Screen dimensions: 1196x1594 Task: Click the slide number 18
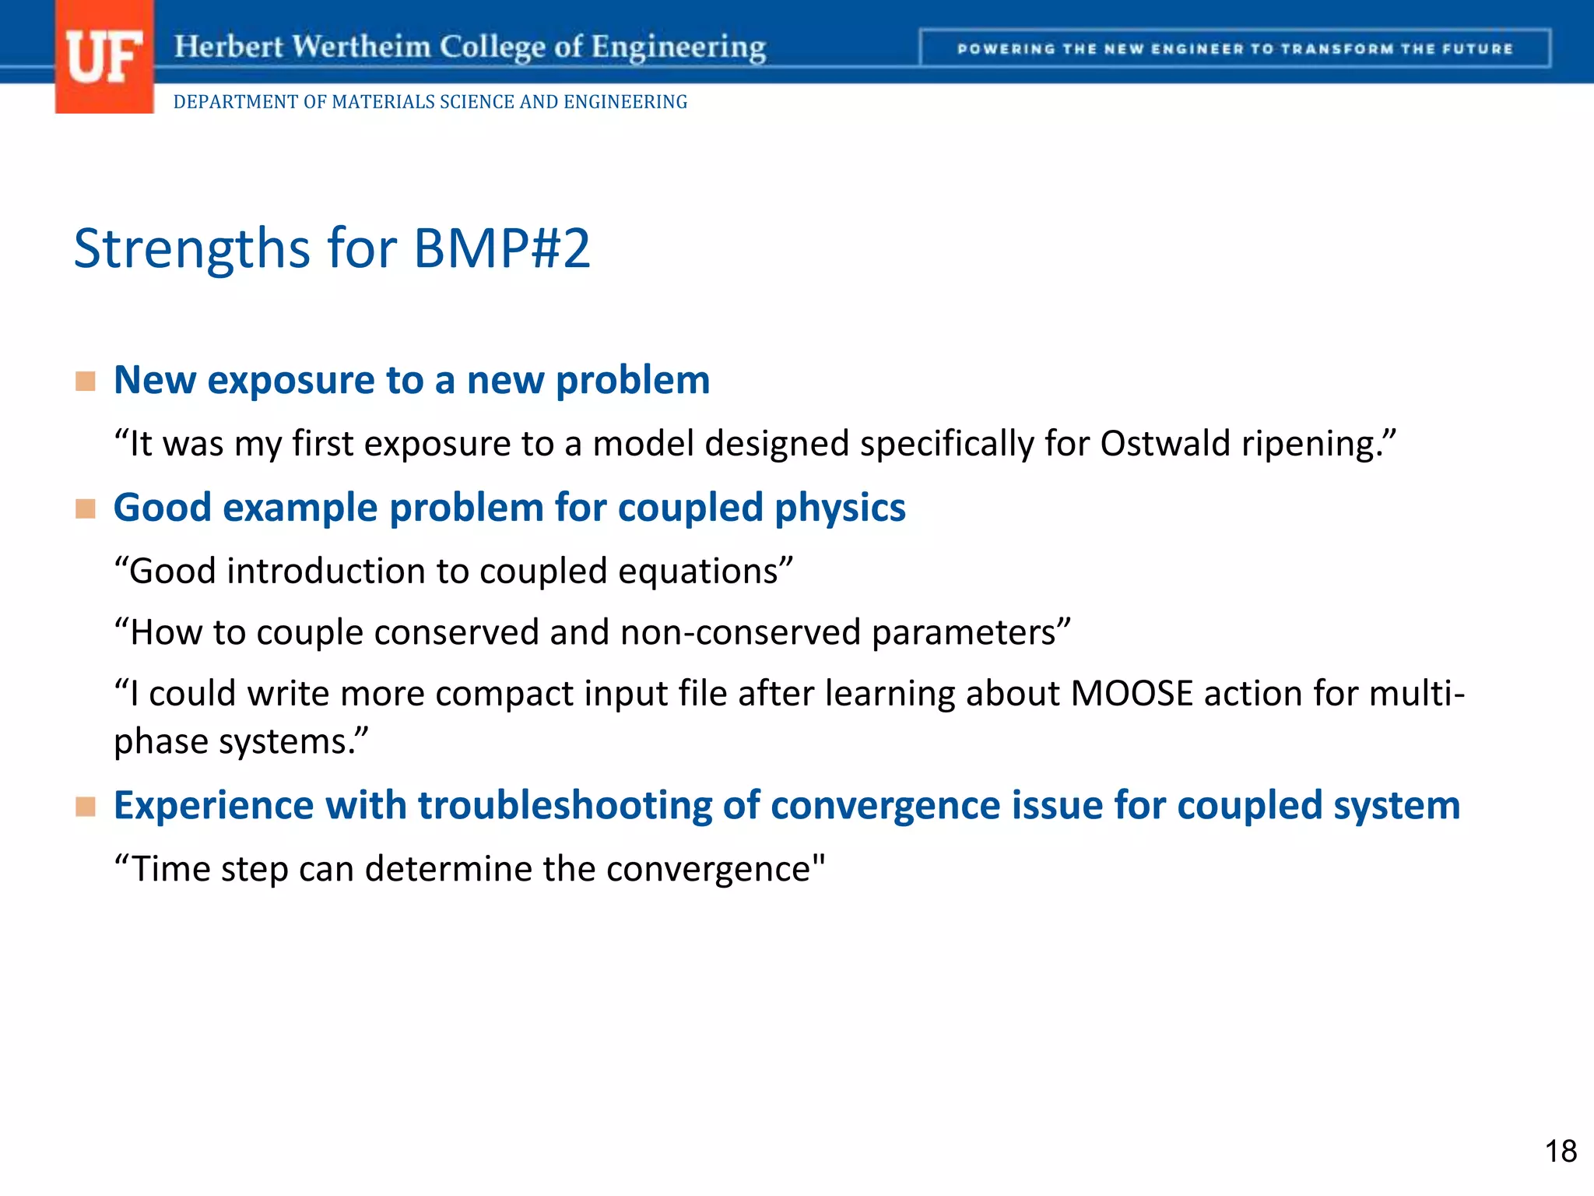pos(1560,1152)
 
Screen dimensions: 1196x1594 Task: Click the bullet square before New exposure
pos(86,382)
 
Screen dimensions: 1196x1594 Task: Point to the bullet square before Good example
pos(86,509)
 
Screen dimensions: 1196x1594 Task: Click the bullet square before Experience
pos(86,807)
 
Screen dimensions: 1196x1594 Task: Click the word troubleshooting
pos(565,806)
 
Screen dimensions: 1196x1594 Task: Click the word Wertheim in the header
pos(362,47)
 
